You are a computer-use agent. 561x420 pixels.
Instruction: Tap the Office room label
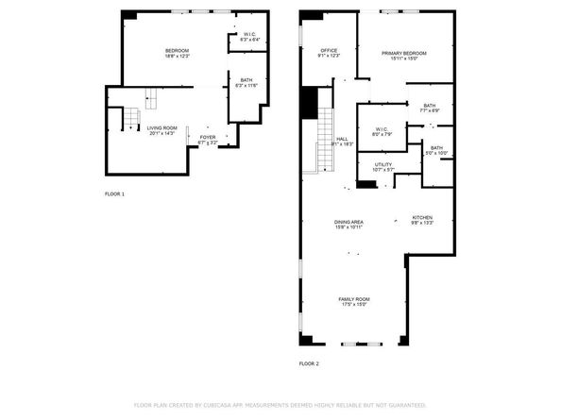pos(329,53)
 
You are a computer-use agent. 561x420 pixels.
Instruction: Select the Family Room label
pos(355,302)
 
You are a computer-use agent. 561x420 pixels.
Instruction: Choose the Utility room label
pos(382,167)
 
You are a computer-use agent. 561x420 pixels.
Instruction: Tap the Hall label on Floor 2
pos(343,142)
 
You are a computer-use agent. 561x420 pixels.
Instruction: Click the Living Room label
pos(162,130)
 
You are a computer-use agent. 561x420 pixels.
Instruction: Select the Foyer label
pos(208,140)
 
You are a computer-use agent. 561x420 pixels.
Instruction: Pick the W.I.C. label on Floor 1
pos(249,38)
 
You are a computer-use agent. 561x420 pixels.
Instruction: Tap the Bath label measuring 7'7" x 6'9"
pos(430,108)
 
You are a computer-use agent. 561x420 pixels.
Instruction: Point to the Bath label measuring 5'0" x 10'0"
pos(436,150)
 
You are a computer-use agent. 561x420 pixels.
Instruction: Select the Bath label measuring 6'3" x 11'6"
pos(246,83)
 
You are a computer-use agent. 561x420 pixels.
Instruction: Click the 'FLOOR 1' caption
pos(114,193)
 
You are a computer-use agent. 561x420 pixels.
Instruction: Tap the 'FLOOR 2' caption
pos(309,363)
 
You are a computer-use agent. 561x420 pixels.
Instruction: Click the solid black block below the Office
pos(307,101)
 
